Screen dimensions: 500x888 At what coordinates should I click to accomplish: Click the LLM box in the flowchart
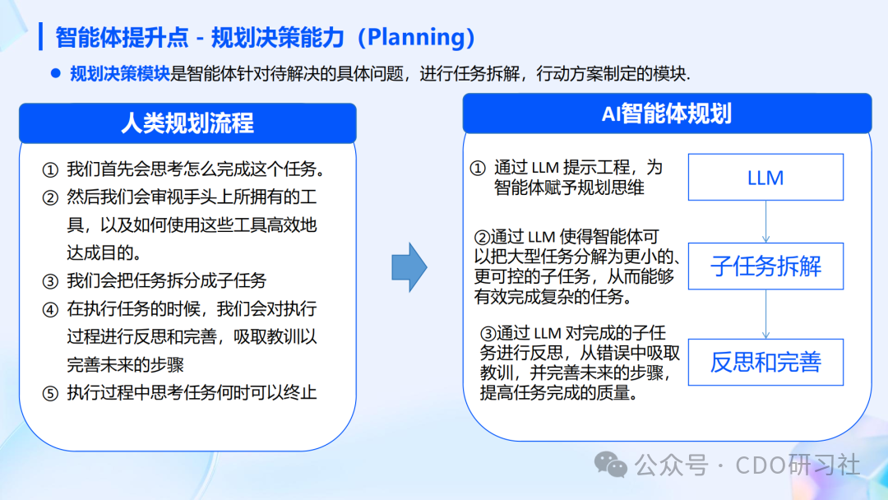coord(765,178)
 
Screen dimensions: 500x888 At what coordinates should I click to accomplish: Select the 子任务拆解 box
coord(765,266)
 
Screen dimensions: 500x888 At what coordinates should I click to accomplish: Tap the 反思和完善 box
coord(765,363)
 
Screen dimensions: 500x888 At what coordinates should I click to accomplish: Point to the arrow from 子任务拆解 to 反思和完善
coord(765,314)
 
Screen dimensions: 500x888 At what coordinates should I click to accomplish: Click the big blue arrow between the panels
coord(409,266)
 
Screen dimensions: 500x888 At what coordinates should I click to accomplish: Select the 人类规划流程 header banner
coord(187,123)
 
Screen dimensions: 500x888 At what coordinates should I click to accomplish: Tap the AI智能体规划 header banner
coord(666,113)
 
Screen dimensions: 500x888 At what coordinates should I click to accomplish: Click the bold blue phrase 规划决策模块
coord(120,73)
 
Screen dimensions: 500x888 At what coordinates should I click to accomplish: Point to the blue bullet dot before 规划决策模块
coord(56,73)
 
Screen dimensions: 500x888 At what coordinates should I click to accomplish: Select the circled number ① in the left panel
coord(50,170)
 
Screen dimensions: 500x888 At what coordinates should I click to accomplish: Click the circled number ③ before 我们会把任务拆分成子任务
coord(50,281)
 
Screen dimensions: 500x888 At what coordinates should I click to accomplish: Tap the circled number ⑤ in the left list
coord(50,392)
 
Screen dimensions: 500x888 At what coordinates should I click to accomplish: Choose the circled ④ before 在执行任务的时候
coord(50,309)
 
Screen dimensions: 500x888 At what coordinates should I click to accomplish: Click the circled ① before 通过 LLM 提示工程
coord(478,168)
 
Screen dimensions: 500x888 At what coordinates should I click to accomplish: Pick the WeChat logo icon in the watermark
coord(611,465)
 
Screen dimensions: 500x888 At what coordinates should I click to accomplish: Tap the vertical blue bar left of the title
coord(40,37)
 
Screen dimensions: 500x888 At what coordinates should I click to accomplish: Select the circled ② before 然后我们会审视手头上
coord(50,198)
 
